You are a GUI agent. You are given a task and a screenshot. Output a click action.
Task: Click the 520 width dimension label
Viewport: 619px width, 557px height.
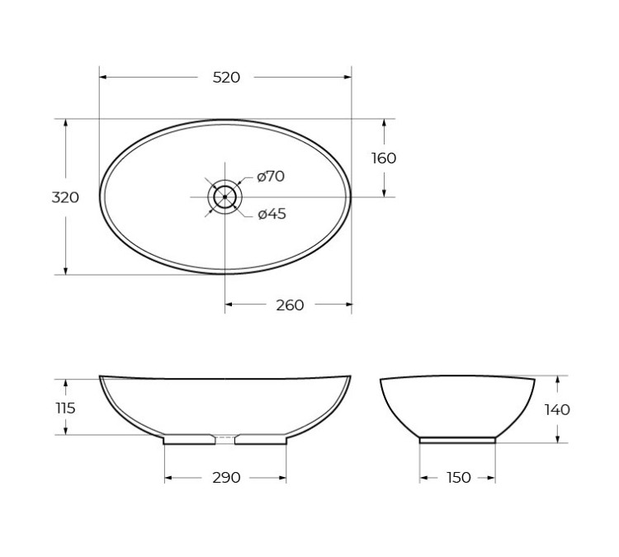pyautogui.click(x=226, y=78)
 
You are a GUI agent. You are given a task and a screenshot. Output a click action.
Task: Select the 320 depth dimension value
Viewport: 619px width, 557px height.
pyautogui.click(x=65, y=197)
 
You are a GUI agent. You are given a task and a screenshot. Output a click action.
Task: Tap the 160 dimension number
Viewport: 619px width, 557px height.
pyautogui.click(x=384, y=158)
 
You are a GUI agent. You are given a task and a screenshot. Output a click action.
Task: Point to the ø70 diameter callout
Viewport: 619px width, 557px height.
pyautogui.click(x=271, y=176)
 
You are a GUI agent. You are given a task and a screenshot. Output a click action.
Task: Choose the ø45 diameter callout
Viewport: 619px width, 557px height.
pyautogui.click(x=272, y=215)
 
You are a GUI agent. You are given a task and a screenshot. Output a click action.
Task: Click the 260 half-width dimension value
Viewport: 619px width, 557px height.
pyautogui.click(x=290, y=305)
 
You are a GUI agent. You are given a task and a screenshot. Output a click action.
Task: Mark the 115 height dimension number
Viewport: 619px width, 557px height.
pyautogui.click(x=66, y=408)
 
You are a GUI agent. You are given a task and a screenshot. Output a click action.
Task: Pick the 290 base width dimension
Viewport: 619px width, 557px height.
pyautogui.click(x=226, y=478)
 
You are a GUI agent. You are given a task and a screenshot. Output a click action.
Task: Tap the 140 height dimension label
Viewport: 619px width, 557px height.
pyautogui.click(x=558, y=409)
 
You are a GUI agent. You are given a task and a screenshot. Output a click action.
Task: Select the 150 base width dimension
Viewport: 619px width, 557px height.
pyautogui.click(x=458, y=478)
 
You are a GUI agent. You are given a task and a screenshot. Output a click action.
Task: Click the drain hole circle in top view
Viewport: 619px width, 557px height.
pyautogui.click(x=224, y=196)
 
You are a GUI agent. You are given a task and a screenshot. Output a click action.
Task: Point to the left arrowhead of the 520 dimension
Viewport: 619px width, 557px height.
pyautogui.click(x=103, y=78)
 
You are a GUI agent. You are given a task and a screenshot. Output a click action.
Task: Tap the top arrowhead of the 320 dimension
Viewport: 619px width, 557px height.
pyautogui.click(x=65, y=122)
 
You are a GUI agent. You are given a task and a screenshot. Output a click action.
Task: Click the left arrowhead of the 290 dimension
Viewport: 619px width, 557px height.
pyautogui.click(x=168, y=478)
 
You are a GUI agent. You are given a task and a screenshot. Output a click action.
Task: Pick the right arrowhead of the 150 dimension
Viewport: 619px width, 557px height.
pyautogui.click(x=492, y=478)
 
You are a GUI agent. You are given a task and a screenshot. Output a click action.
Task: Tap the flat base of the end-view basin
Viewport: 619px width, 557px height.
pyautogui.click(x=457, y=440)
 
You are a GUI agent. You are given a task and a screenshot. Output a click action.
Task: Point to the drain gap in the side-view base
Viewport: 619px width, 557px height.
pyautogui.click(x=224, y=438)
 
